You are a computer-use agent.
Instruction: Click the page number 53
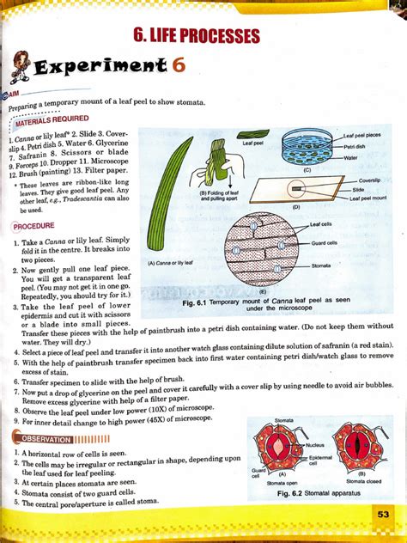point(383,515)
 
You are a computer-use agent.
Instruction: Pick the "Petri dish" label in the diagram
point(357,147)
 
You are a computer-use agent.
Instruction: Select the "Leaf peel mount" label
point(372,198)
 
